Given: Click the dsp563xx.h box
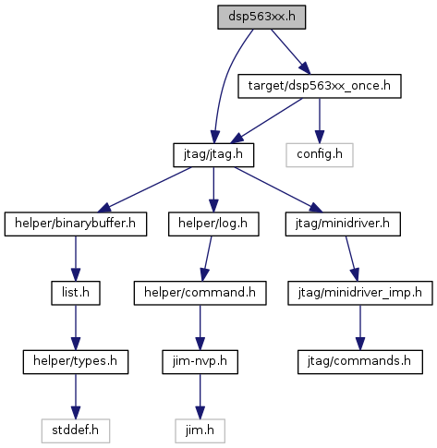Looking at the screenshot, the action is click(261, 18).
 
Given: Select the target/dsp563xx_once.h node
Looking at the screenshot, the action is click(320, 86).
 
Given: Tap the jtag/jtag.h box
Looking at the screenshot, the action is click(213, 155).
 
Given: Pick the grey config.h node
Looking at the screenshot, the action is click(320, 155).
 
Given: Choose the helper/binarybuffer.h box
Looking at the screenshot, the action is click(76, 224).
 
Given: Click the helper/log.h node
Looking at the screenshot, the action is click(213, 224).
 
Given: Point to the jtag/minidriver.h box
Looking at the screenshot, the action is click(343, 224).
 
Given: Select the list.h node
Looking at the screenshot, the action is click(76, 293).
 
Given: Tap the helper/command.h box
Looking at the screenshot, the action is click(200, 293).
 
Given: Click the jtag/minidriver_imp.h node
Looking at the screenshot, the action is click(360, 293).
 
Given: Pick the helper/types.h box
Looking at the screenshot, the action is click(76, 362).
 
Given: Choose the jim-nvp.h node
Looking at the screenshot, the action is click(200, 362).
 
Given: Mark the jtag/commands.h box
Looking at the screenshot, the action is click(360, 362).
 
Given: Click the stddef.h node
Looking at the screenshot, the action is click(76, 431).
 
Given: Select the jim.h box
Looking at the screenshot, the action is click(200, 431).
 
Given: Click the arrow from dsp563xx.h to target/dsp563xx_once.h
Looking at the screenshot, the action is click(290, 52).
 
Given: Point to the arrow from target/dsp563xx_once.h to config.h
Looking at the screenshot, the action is click(320, 121).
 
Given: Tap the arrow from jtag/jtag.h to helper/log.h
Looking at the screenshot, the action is click(213, 189).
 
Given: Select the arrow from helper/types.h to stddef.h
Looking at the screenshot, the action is click(76, 396).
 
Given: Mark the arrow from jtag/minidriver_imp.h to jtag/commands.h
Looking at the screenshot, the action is click(360, 328).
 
